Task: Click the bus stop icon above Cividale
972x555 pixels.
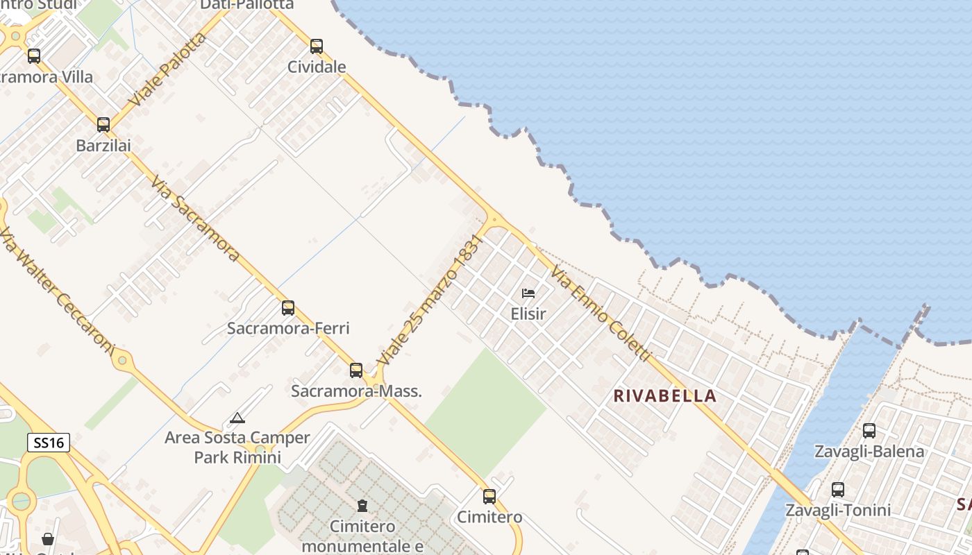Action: pyautogui.click(x=317, y=46)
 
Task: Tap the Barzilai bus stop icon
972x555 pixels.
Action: pyautogui.click(x=103, y=125)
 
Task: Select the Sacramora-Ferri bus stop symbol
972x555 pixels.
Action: pyautogui.click(x=288, y=307)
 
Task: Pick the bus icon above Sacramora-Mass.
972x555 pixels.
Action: pyautogui.click(x=356, y=370)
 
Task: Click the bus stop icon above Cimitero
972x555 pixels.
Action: pyautogui.click(x=489, y=496)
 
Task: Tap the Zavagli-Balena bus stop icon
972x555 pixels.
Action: pyautogui.click(x=869, y=431)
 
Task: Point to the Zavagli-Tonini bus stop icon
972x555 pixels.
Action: pyautogui.click(x=838, y=490)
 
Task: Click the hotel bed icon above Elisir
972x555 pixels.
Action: pyautogui.click(x=528, y=293)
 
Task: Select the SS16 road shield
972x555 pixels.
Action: pyautogui.click(x=49, y=443)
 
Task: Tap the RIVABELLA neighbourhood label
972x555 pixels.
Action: pyautogui.click(x=665, y=396)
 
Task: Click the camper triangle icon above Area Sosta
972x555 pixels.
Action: pyautogui.click(x=237, y=418)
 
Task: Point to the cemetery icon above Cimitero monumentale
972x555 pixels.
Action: pyautogui.click(x=362, y=506)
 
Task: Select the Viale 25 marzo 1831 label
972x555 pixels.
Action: pyautogui.click(x=429, y=300)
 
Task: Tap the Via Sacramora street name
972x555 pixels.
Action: pyautogui.click(x=195, y=218)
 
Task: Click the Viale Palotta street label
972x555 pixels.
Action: pyautogui.click(x=167, y=69)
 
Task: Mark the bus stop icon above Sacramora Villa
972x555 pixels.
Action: pyautogui.click(x=34, y=56)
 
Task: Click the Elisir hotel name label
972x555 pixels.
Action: pyautogui.click(x=528, y=314)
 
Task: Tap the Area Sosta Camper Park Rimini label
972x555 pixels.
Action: pyautogui.click(x=237, y=447)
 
